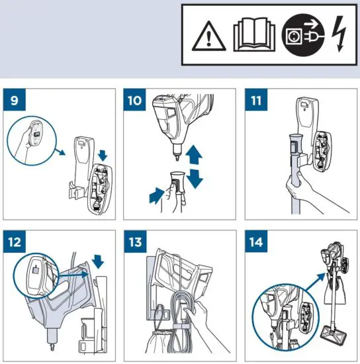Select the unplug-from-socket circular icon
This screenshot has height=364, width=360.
click(x=295, y=37)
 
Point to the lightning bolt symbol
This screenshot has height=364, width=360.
click(x=338, y=37)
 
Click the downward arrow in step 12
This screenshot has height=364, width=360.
click(x=99, y=260)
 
